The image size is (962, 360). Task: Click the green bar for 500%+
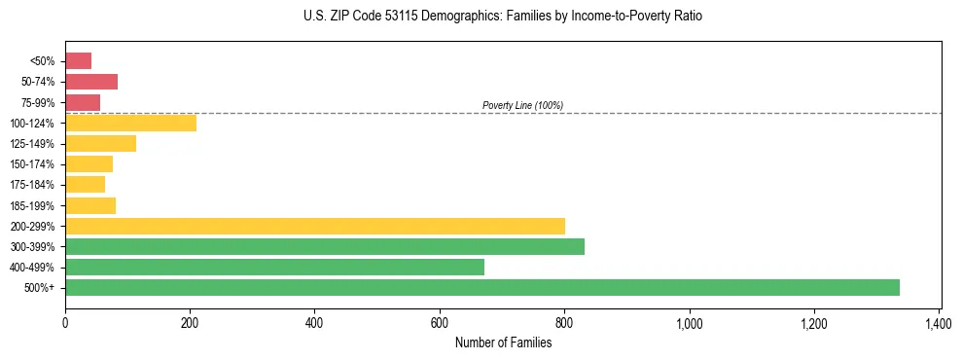tap(482, 287)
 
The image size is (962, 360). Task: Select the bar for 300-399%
tap(325, 246)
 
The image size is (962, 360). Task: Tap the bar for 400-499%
tap(274, 267)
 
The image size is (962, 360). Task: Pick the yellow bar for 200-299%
tap(315, 226)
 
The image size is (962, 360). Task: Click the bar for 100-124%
tap(130, 123)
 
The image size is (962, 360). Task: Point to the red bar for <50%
tap(78, 61)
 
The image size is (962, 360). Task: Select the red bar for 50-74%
tap(91, 82)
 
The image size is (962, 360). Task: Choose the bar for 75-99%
tap(83, 102)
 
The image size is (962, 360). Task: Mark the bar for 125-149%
tap(100, 144)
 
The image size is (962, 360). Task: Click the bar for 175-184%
tap(85, 185)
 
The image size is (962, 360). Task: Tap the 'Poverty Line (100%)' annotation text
tap(522, 105)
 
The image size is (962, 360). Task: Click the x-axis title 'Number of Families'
tap(503, 342)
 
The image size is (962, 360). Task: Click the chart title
tap(502, 17)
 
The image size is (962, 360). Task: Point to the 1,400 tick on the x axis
tap(939, 321)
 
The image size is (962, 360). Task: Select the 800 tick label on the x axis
tap(564, 321)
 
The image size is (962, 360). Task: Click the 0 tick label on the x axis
tap(65, 321)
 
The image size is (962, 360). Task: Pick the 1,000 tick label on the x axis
tap(689, 321)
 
